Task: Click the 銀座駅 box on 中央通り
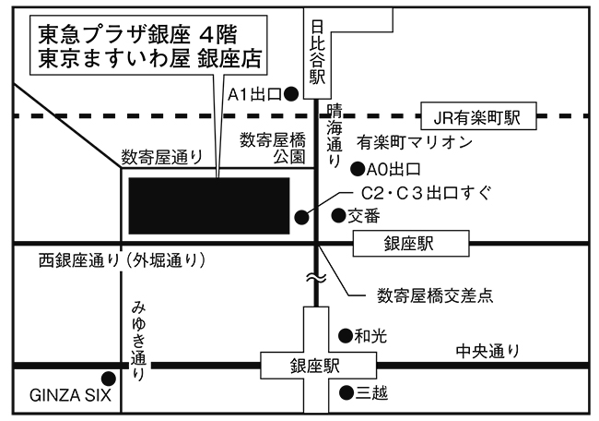click(315, 366)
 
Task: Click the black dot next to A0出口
click(357, 168)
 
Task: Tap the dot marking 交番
click(337, 216)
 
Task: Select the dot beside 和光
click(345, 336)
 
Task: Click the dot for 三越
click(345, 393)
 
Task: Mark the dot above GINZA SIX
click(109, 378)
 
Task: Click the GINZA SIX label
click(69, 397)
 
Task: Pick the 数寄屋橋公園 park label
click(272, 148)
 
